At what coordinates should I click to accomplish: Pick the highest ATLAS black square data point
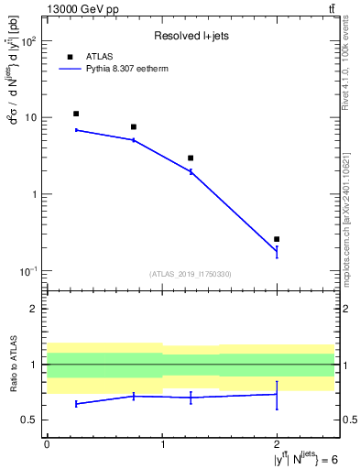pyautogui.click(x=76, y=114)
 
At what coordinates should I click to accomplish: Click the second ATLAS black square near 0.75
pyautogui.click(x=134, y=127)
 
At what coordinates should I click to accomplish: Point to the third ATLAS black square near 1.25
pyautogui.click(x=191, y=158)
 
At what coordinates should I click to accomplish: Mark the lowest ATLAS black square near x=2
pyautogui.click(x=277, y=239)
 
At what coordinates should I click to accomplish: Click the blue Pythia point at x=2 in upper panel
pyautogui.click(x=277, y=251)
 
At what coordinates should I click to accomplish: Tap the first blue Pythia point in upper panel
pyautogui.click(x=76, y=130)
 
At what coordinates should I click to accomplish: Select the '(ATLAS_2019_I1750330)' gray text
pyautogui.click(x=191, y=274)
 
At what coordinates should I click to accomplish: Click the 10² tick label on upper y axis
pyautogui.click(x=30, y=41)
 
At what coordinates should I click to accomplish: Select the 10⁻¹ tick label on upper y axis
pyautogui.click(x=30, y=271)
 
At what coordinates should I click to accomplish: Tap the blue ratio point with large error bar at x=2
pyautogui.click(x=277, y=395)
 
